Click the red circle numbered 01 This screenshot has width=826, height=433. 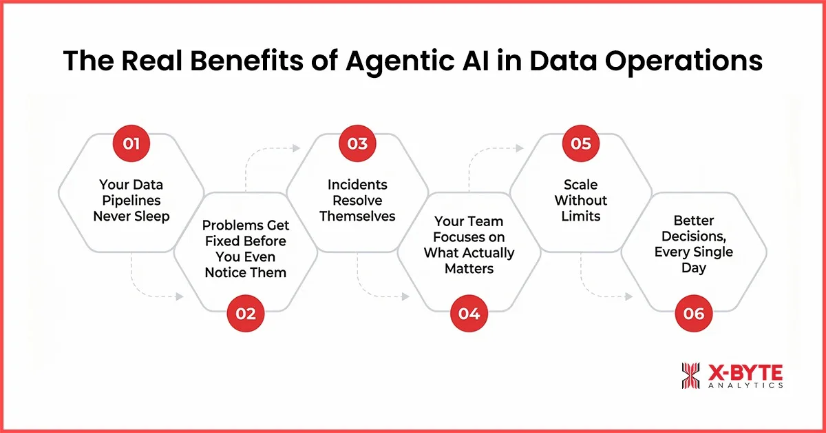(x=132, y=144)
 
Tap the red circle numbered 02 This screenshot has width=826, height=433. (x=246, y=314)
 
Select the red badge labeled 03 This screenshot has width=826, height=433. (x=357, y=144)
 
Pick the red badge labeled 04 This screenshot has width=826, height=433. (x=469, y=314)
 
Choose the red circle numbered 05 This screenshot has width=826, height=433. (x=581, y=144)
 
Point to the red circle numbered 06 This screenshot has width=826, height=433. (x=694, y=314)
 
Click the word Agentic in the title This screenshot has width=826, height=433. (x=405, y=61)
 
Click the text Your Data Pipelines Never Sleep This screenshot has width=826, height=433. (x=131, y=200)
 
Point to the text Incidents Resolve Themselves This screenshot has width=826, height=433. (x=357, y=200)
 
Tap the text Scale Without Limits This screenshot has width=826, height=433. (x=581, y=200)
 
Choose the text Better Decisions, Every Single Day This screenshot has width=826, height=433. (x=694, y=244)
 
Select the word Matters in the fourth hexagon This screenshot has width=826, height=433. (x=469, y=268)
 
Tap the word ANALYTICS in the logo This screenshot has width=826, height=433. (x=744, y=386)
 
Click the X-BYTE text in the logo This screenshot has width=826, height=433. (x=744, y=373)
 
